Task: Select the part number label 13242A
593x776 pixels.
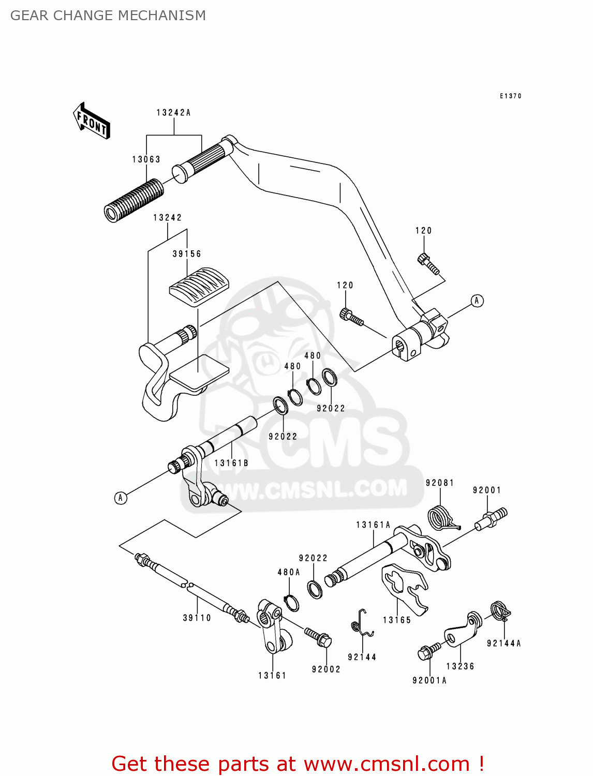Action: coord(173,113)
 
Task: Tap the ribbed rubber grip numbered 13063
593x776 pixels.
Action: coord(134,200)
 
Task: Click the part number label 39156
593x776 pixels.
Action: coord(187,254)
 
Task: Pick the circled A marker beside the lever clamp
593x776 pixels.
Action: coord(477,301)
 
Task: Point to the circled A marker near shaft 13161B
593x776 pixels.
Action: coord(121,498)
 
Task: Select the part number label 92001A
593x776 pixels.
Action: coord(429,680)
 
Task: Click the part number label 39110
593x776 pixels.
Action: coord(197,618)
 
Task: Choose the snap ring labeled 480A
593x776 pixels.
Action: coord(292,603)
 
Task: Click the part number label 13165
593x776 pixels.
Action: coord(397,620)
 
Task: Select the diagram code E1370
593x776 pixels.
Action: coord(510,96)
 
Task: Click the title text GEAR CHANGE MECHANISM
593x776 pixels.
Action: coord(108,16)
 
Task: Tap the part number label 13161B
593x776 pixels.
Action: coord(231,463)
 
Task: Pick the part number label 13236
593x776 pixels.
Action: coord(460,666)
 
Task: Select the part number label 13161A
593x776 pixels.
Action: coord(373,525)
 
